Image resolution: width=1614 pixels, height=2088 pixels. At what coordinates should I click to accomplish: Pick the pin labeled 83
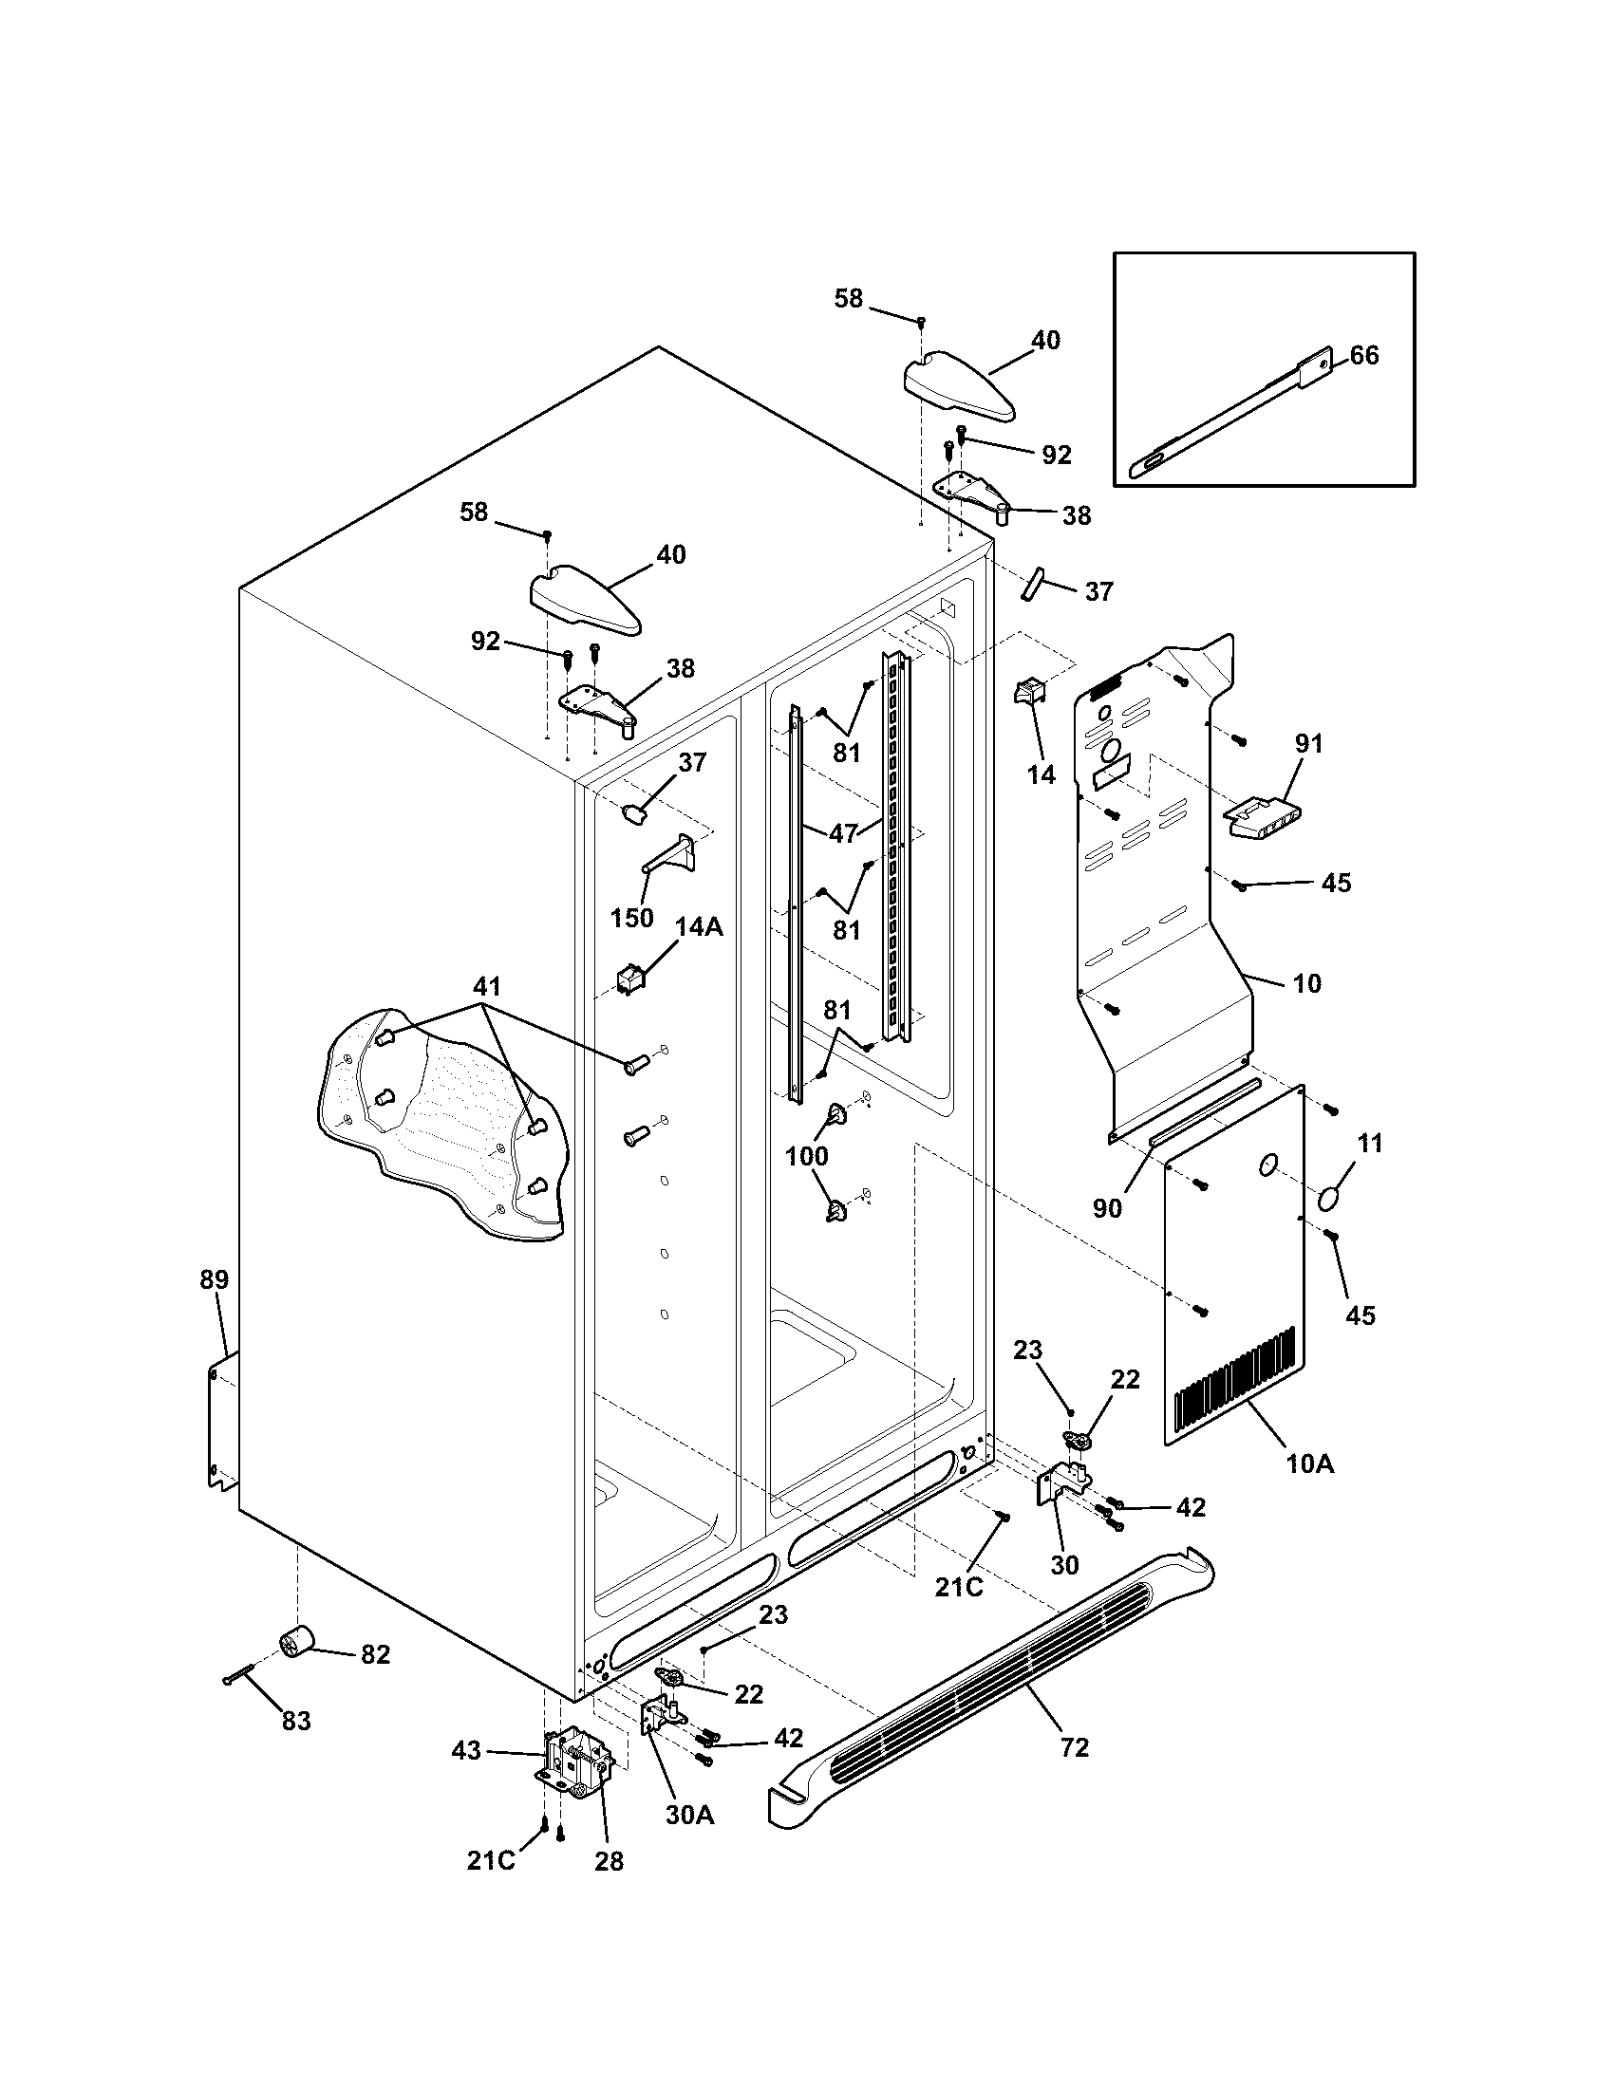[x=240, y=1673]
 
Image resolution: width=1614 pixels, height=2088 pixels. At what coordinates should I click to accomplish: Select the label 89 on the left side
[x=215, y=1279]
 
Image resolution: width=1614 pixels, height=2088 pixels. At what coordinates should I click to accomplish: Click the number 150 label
[x=631, y=918]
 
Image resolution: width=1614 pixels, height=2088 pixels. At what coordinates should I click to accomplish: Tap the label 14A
[x=699, y=926]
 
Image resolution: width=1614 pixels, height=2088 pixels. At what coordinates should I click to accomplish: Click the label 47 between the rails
[x=842, y=833]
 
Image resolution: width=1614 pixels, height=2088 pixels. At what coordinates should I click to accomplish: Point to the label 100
[x=806, y=1156]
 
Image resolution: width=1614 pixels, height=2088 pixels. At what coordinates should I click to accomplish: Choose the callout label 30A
[x=689, y=1815]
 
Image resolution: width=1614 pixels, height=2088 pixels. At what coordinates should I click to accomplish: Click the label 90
[x=1106, y=1207]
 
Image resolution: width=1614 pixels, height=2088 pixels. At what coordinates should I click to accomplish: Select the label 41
[x=487, y=986]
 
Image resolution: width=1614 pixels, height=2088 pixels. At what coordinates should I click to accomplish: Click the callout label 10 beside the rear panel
[x=1306, y=983]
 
